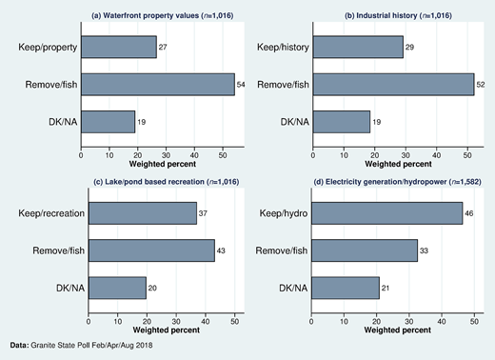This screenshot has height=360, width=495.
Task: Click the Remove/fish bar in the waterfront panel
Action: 157,84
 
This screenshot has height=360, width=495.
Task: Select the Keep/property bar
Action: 119,47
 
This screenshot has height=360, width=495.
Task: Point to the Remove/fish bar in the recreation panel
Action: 151,250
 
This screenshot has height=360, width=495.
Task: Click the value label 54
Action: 242,84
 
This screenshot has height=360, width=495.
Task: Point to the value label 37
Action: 204,213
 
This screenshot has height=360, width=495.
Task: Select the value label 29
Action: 411,47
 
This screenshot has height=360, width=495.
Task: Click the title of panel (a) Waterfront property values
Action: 157,16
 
